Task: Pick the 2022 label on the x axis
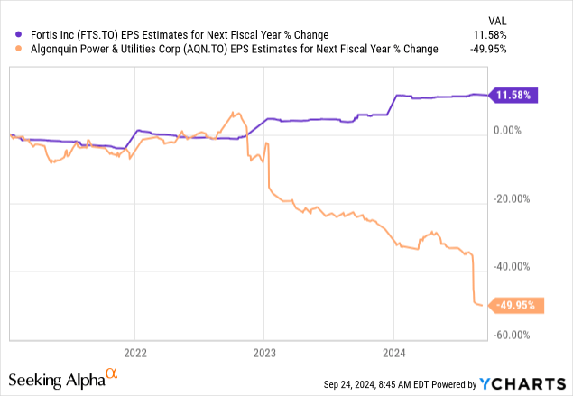point(134,352)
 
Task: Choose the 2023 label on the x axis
point(263,352)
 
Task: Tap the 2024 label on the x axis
point(393,352)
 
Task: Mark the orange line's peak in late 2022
point(233,113)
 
